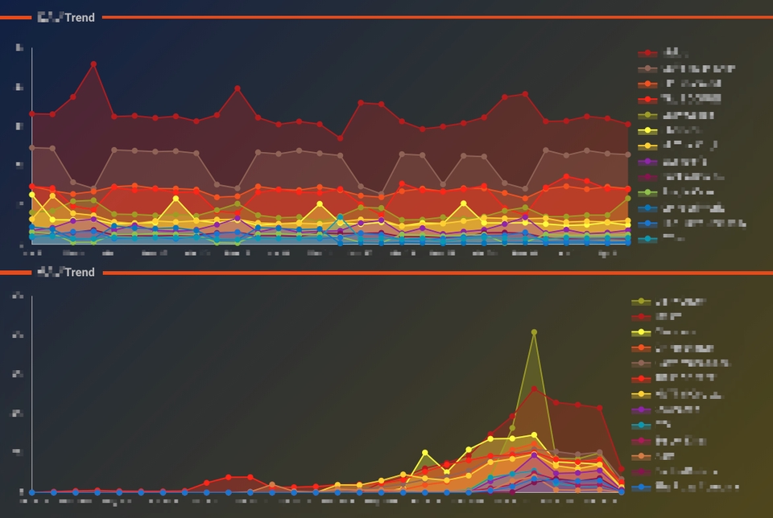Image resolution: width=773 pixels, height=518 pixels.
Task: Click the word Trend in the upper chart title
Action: click(80, 17)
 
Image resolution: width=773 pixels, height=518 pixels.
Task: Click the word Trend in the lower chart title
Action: click(80, 272)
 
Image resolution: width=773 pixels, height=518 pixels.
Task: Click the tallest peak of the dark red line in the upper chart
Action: click(93, 64)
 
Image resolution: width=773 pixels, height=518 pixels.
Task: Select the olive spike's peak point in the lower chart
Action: click(534, 331)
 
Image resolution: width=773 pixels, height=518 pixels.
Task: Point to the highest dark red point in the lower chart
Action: click(534, 389)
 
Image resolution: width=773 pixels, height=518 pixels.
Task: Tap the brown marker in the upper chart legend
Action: click(644, 69)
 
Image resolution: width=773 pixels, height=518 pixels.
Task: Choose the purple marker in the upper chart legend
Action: click(644, 162)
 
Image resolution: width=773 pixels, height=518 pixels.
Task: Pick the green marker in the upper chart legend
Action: click(644, 192)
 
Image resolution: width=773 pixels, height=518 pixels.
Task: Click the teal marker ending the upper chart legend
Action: click(644, 239)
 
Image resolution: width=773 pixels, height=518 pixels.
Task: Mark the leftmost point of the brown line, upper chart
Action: click(32, 148)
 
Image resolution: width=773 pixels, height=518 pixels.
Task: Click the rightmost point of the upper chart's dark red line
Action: click(627, 124)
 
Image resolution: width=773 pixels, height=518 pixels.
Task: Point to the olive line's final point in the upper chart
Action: click(627, 198)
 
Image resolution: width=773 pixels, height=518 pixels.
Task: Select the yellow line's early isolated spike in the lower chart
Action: click(425, 453)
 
